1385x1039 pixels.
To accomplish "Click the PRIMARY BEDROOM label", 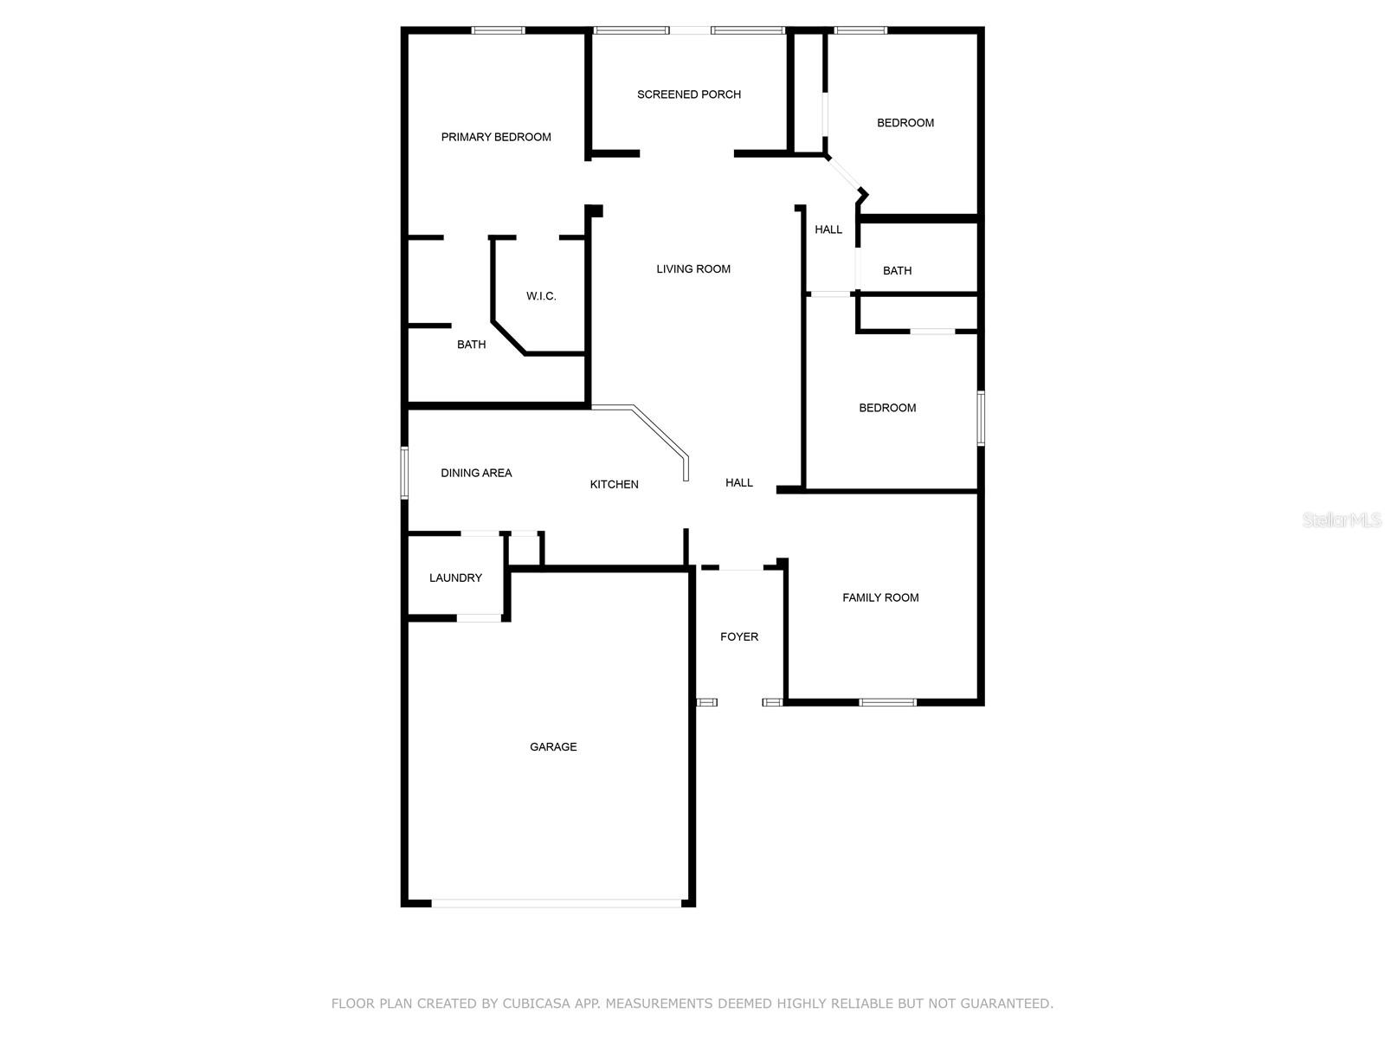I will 496,137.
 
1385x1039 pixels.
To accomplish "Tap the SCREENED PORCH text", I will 689,94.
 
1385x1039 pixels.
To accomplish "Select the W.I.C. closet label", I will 541,296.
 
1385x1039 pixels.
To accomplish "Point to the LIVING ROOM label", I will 693,269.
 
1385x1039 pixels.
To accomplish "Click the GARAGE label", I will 553,746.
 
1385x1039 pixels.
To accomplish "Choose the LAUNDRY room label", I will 455,578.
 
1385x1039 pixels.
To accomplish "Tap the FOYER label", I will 739,636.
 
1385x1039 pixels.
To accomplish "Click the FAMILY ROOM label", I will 880,597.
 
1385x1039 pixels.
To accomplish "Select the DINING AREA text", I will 476,473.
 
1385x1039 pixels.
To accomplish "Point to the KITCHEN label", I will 615,484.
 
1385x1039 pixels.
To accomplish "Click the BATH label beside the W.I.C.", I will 471,345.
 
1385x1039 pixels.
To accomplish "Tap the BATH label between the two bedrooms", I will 897,271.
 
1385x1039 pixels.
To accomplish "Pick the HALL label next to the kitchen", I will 739,482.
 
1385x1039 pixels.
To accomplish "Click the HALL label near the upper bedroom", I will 828,229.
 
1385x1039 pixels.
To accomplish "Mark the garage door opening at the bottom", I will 556,903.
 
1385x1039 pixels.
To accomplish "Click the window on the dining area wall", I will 404,473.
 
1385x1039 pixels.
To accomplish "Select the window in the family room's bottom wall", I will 887,702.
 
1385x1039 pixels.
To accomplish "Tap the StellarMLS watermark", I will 1342,520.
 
